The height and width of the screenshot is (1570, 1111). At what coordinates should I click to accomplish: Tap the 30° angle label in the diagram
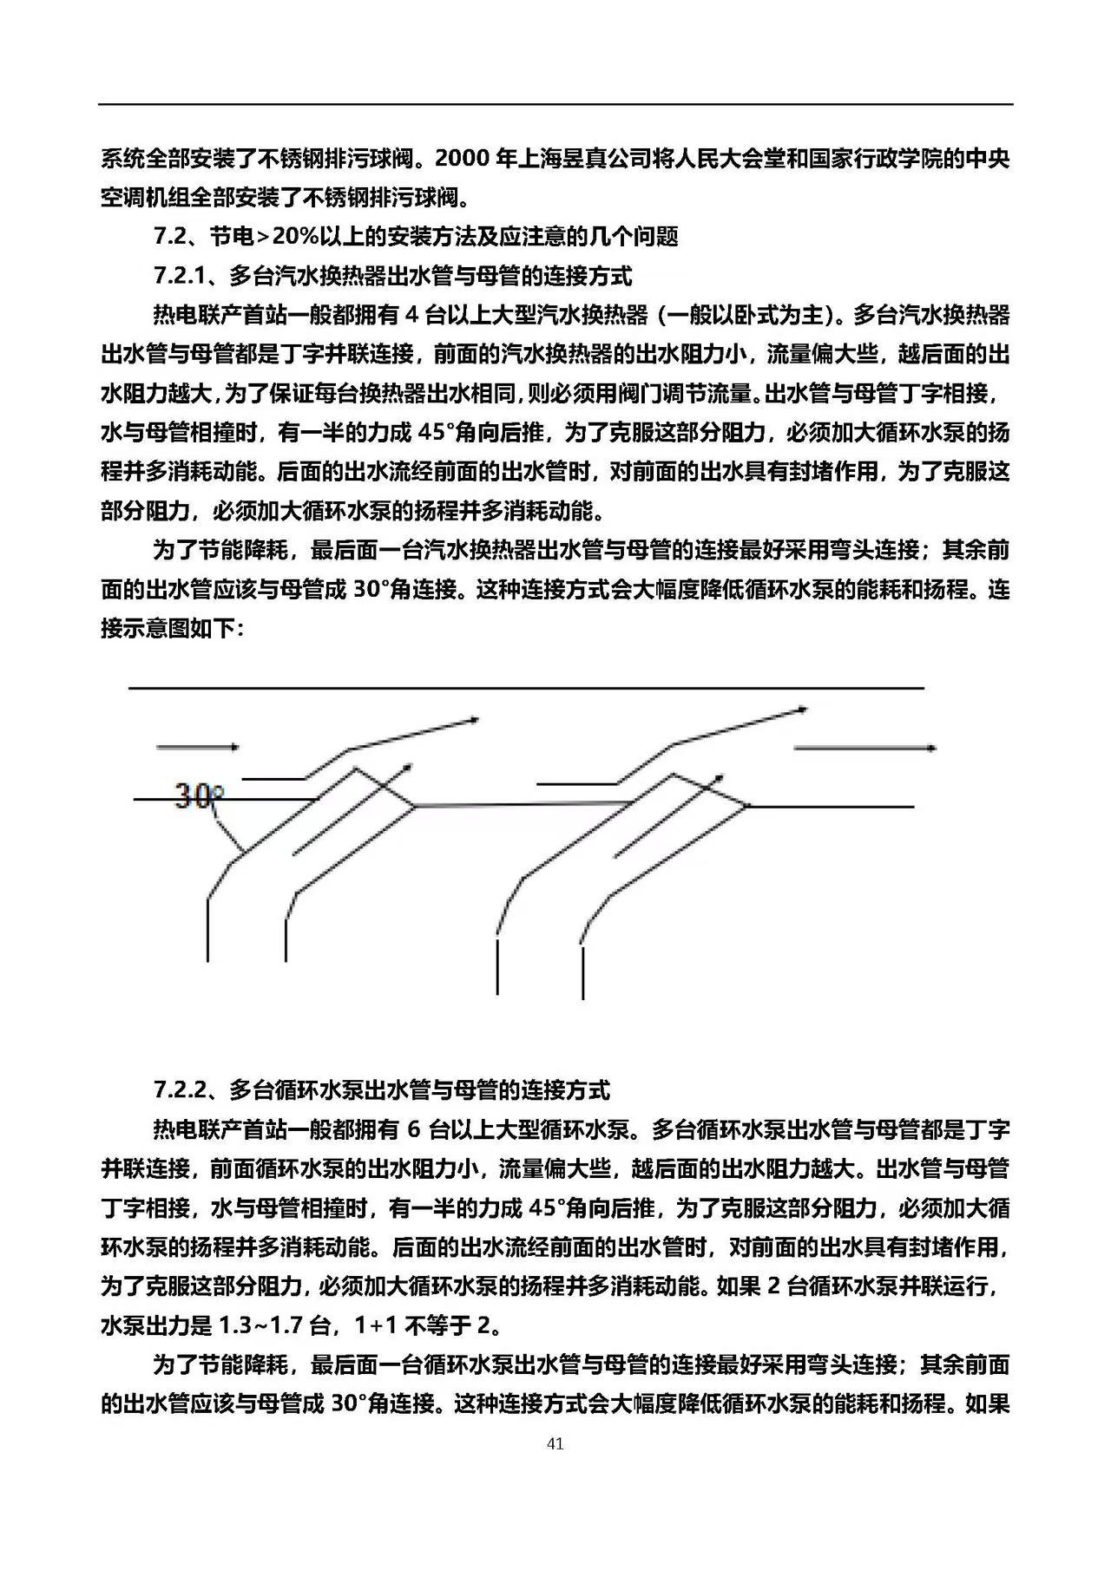click(200, 795)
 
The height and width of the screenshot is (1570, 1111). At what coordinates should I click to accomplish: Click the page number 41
click(555, 1444)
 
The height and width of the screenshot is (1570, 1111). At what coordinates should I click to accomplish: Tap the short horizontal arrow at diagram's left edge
click(197, 747)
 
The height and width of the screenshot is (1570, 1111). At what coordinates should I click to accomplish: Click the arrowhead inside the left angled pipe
click(405, 769)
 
